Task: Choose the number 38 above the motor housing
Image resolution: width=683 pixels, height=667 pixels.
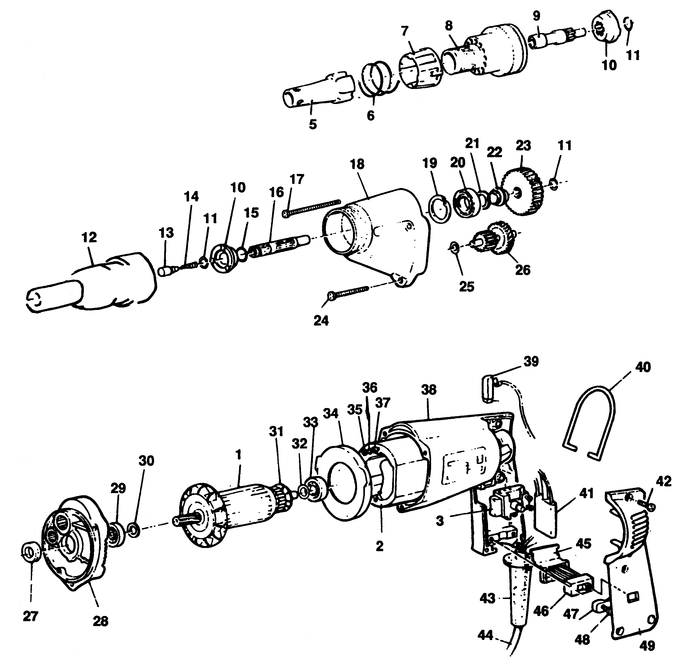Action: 429,390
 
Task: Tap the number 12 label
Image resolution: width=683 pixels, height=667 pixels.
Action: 89,238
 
